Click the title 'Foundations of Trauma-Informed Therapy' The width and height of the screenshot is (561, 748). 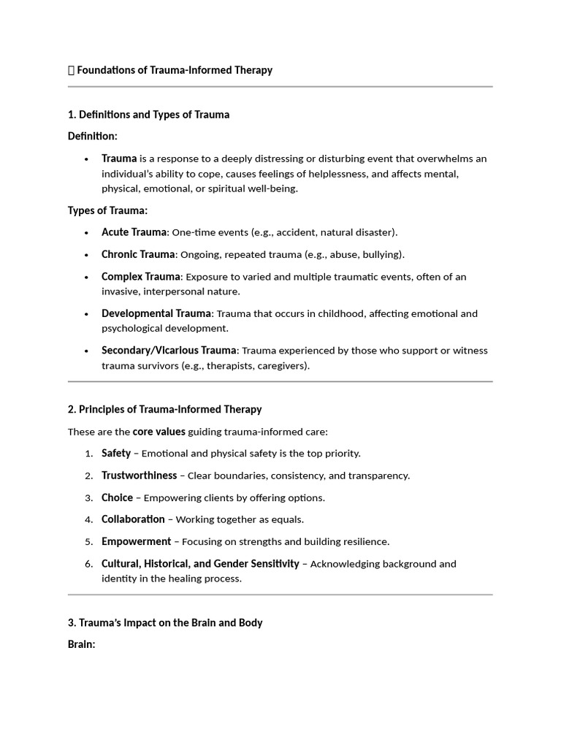click(175, 70)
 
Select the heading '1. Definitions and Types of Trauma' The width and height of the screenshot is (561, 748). click(148, 115)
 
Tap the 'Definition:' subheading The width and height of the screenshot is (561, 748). click(92, 137)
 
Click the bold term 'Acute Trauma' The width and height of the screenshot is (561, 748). click(134, 232)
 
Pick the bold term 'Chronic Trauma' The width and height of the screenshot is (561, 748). click(138, 254)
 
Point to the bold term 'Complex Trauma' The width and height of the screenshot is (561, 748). click(140, 277)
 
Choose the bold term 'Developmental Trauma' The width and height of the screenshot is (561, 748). click(156, 313)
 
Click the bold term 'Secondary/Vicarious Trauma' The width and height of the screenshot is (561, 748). click(169, 351)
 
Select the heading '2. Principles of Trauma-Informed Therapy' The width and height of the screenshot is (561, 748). click(164, 409)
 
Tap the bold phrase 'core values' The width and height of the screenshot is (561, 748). click(159, 432)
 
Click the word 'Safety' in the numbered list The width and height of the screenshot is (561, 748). click(116, 454)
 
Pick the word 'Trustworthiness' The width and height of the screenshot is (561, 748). click(139, 476)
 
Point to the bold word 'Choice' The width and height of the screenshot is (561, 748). click(117, 498)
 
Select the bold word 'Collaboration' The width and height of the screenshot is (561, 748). click(133, 519)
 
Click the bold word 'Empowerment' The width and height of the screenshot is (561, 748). click(136, 542)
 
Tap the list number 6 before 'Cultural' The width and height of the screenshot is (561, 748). click(88, 564)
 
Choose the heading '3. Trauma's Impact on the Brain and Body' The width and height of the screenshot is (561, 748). click(165, 623)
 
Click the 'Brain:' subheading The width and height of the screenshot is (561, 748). click(82, 645)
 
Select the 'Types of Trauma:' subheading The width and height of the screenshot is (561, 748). click(107, 210)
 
